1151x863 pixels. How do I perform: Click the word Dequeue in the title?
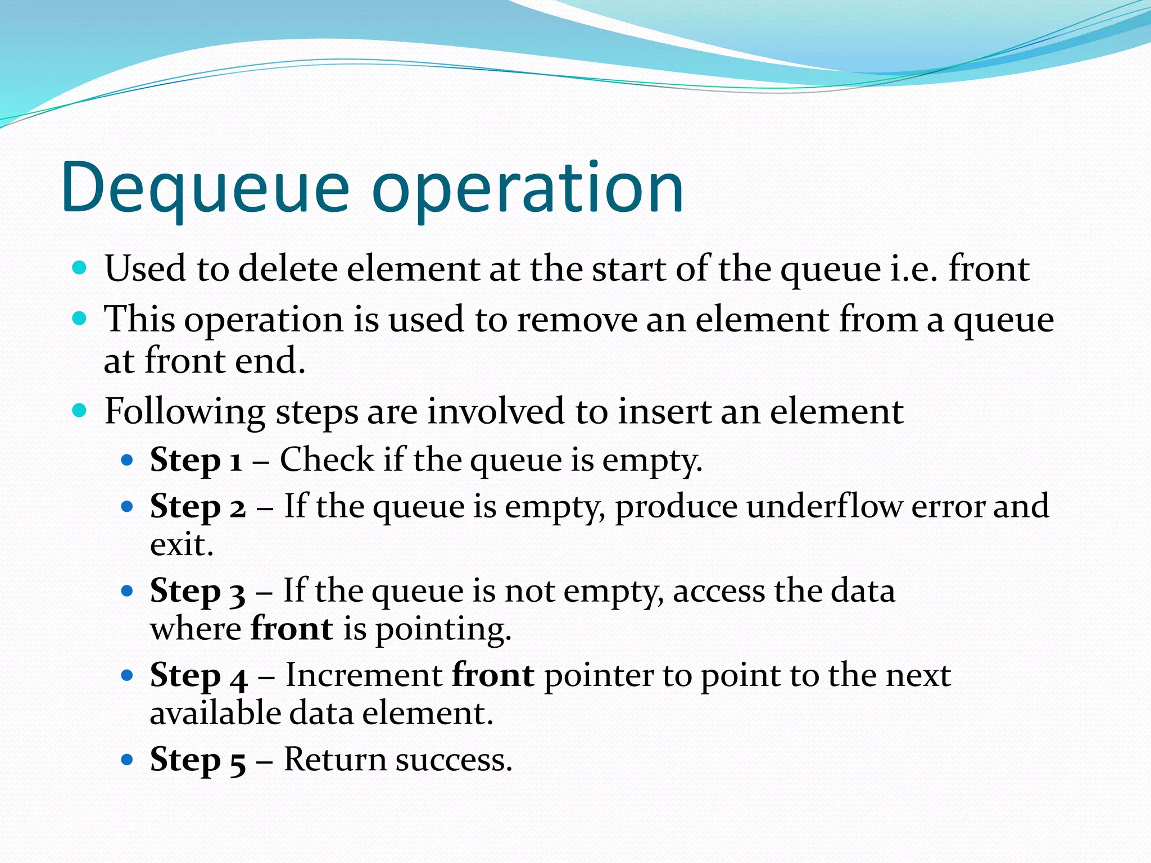pyautogui.click(x=206, y=188)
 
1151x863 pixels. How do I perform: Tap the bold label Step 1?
pyautogui.click(x=196, y=461)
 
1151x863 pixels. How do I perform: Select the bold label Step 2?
pyautogui.click(x=198, y=507)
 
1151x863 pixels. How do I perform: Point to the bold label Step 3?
pyautogui.click(x=198, y=591)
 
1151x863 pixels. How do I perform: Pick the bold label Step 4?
pyautogui.click(x=198, y=675)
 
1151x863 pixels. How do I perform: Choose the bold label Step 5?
pyautogui.click(x=198, y=760)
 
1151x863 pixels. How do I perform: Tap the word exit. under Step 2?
pyautogui.click(x=182, y=545)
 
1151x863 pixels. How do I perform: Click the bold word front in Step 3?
pyautogui.click(x=292, y=629)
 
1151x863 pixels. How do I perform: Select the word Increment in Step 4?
pyautogui.click(x=364, y=675)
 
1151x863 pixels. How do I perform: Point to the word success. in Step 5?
pyautogui.click(x=454, y=760)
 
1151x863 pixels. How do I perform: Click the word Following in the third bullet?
pyautogui.click(x=185, y=412)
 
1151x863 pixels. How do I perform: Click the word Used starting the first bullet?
pyautogui.click(x=145, y=269)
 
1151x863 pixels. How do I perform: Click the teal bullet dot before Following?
pyautogui.click(x=80, y=410)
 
